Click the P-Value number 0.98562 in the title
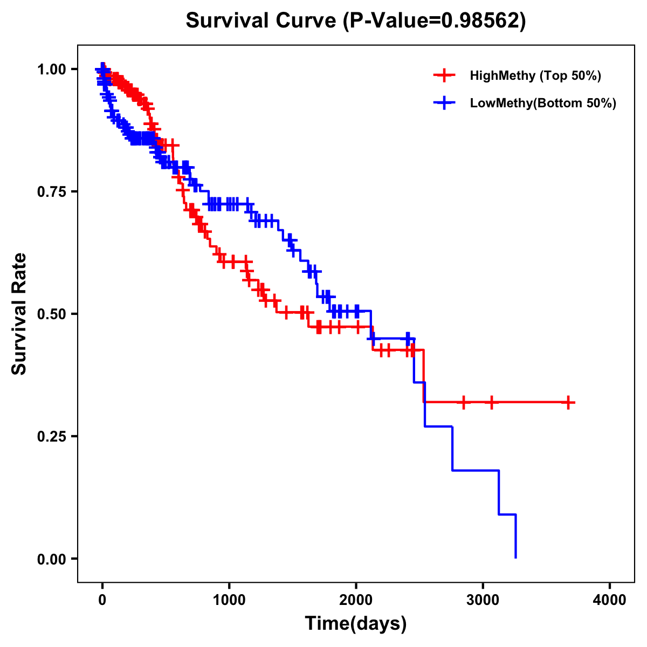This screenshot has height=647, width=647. tap(481, 21)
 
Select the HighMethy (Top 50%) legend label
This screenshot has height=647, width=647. tap(535, 75)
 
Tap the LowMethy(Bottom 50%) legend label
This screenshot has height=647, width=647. tap(542, 103)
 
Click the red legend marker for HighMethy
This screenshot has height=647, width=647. tap(444, 75)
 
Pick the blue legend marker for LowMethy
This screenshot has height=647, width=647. tap(444, 103)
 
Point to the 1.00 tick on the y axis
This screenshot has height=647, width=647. tap(51, 70)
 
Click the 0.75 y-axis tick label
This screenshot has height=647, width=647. tap(51, 192)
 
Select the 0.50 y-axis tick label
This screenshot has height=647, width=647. tap(51, 314)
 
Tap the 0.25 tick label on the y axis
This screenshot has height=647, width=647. tap(51, 437)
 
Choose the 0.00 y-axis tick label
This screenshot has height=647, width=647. tap(51, 559)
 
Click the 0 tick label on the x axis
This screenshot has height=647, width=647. tap(102, 600)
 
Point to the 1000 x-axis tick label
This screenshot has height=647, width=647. tap(229, 600)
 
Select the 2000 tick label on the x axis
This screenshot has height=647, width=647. tap(356, 600)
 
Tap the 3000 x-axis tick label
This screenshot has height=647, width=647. tap(483, 600)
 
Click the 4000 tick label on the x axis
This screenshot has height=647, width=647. tap(610, 600)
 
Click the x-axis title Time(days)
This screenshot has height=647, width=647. tap(356, 624)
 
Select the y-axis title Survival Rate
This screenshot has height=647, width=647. tap(19, 314)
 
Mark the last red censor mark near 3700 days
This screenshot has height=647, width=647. tap(568, 402)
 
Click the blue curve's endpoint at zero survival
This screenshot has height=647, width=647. tap(516, 557)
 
